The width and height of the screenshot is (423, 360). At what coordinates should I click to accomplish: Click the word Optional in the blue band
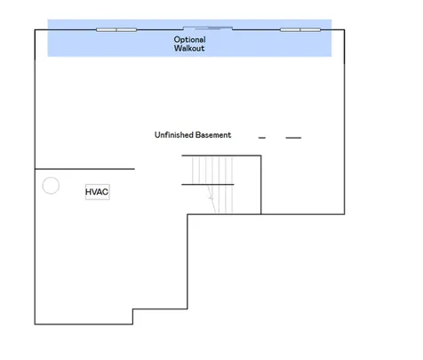coord(189,40)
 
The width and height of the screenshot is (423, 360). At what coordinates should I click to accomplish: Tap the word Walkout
coord(189,48)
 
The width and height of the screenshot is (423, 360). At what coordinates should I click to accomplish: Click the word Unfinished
coord(174,135)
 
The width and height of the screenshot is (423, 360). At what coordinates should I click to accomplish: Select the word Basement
coord(213,135)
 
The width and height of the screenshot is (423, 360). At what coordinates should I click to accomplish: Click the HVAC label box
coord(98,192)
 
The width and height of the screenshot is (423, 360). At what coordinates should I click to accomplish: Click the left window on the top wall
coord(116,29)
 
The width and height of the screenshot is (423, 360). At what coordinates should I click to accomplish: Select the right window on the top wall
coord(300,29)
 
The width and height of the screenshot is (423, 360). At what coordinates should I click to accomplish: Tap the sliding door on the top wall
coord(208,28)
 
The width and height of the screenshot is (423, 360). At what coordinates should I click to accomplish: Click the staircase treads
coord(212,185)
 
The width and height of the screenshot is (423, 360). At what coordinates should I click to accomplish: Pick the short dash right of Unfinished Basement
coord(262,138)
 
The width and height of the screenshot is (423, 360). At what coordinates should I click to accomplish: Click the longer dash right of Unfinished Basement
coord(293,138)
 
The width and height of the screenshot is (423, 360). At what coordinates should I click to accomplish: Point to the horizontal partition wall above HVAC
coord(84,169)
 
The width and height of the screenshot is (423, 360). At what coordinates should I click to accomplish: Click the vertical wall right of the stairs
coord(261,185)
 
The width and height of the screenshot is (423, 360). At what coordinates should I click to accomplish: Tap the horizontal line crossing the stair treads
coord(208,184)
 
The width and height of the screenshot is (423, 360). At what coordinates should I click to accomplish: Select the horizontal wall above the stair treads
coord(221,156)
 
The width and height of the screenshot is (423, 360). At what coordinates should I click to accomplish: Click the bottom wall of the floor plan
coord(84,324)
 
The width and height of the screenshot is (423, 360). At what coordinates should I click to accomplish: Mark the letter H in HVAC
coord(88,192)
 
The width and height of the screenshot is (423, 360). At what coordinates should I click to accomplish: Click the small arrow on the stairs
coord(211,197)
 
